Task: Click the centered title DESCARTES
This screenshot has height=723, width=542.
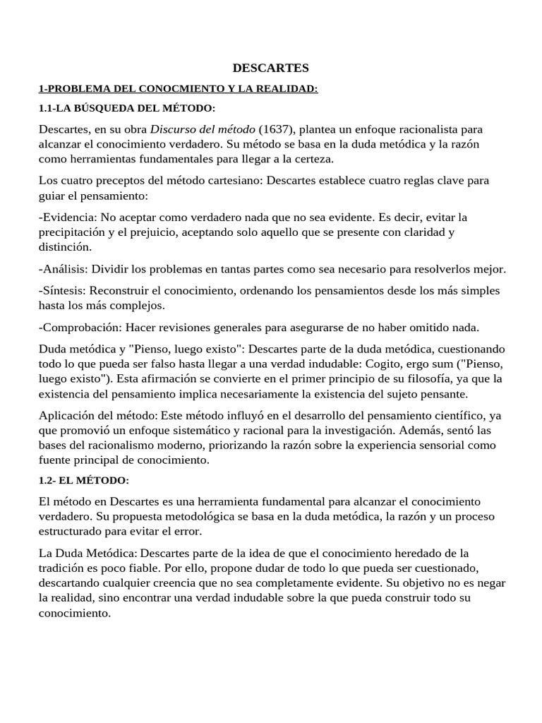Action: click(x=271, y=68)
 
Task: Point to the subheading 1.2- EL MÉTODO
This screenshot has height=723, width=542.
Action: click(x=84, y=480)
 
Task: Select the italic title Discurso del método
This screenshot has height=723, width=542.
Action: click(x=203, y=129)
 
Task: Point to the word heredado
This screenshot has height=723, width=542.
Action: click(x=404, y=552)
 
